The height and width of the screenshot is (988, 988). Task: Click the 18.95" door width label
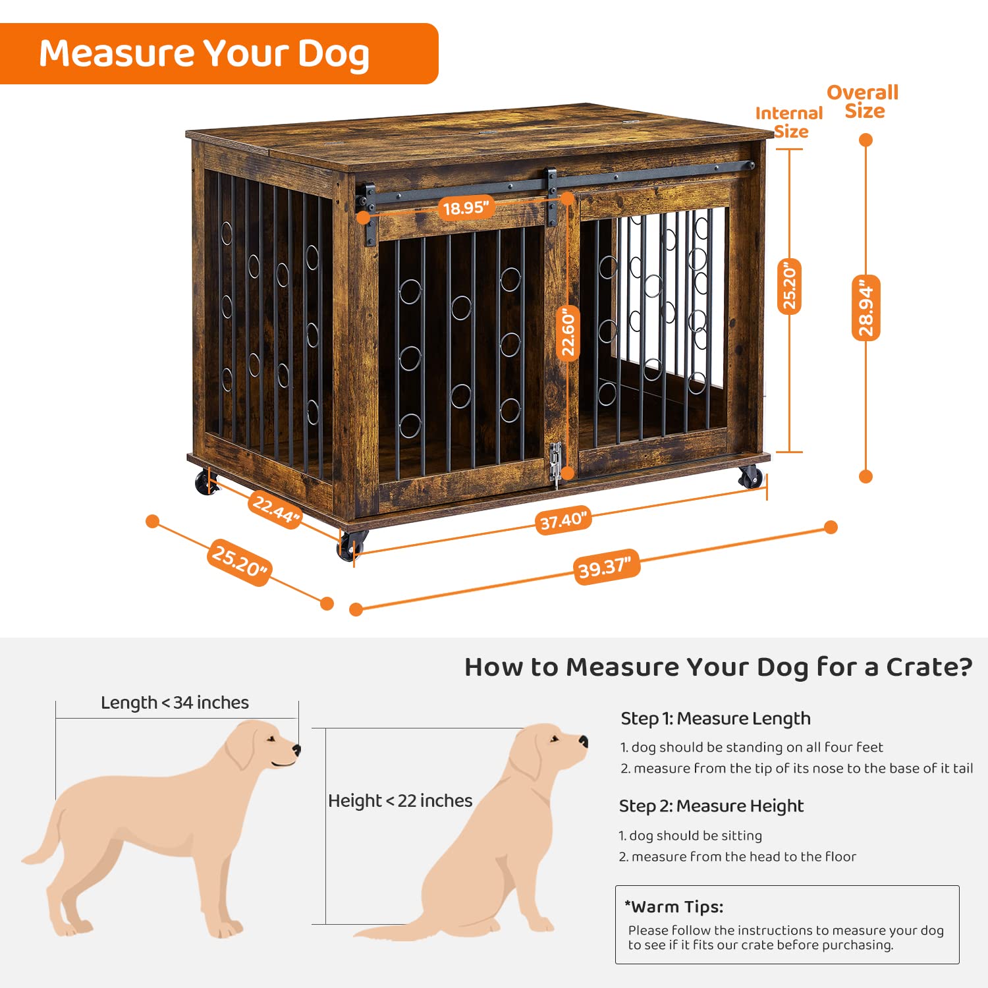466,208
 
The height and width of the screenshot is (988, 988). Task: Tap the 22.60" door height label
568,333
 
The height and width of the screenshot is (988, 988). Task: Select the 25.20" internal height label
789,287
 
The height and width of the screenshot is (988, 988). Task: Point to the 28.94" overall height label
866,308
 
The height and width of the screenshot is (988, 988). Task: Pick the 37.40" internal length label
563,521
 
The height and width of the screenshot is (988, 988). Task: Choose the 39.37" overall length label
605,567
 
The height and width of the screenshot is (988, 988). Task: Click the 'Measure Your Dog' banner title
204,54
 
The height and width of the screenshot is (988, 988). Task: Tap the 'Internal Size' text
790,123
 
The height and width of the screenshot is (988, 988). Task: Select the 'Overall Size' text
863,101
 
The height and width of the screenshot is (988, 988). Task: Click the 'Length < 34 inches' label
175,703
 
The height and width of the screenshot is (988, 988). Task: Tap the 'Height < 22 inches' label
400,801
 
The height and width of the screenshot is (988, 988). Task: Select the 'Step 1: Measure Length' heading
715,719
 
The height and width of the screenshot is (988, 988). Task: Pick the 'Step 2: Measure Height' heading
711,806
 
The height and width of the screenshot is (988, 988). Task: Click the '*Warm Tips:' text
674,907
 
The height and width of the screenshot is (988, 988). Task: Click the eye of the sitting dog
555,738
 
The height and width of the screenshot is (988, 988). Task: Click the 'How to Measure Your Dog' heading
718,667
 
